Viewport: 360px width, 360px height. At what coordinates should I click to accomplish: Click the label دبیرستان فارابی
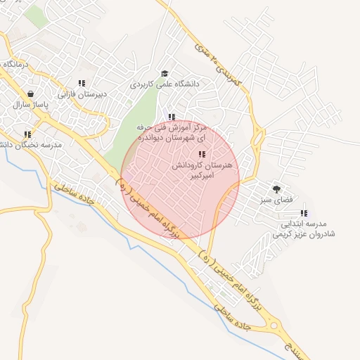click(x=81, y=94)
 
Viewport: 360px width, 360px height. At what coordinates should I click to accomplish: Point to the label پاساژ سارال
click(x=29, y=104)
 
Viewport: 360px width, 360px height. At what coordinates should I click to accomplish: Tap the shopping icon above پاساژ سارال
click(x=30, y=94)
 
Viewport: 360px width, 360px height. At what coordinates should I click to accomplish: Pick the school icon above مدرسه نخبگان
click(x=27, y=134)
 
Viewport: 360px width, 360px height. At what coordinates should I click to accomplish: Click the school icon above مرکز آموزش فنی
click(x=171, y=117)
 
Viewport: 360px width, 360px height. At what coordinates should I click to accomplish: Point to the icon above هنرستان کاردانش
click(x=202, y=154)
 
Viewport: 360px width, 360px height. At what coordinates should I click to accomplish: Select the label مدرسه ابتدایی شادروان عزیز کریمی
click(x=303, y=229)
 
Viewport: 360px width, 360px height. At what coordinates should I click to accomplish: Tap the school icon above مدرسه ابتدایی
click(x=304, y=213)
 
